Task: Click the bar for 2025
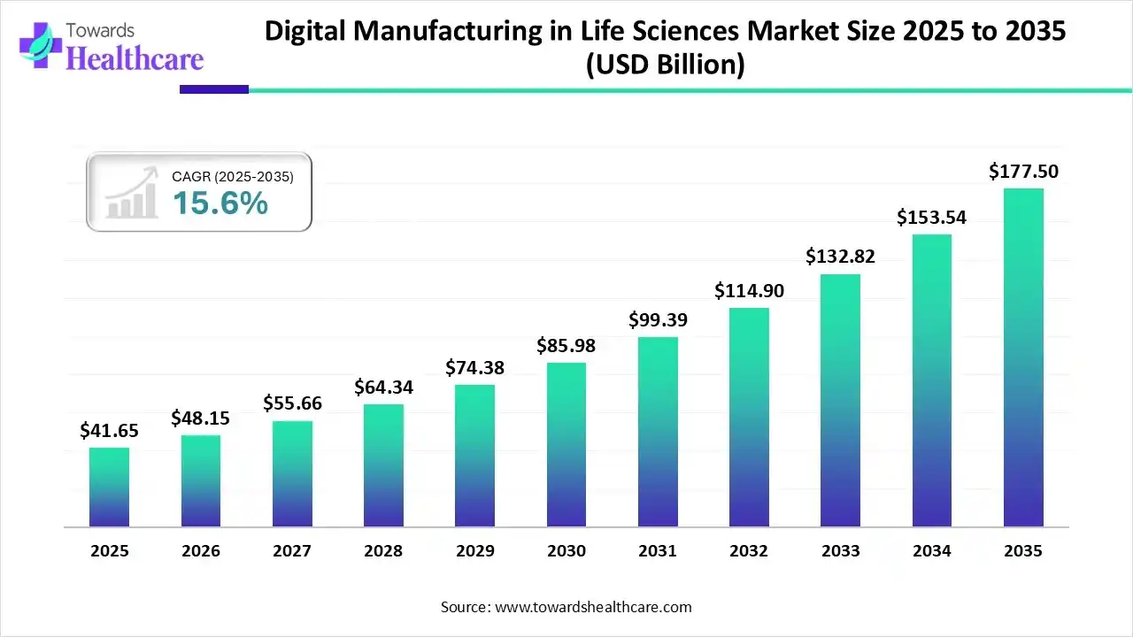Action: click(109, 487)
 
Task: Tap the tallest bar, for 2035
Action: click(1023, 357)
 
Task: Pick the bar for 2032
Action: click(749, 417)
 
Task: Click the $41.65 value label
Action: click(109, 431)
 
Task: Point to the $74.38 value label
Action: click(474, 367)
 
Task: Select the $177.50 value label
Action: click(1023, 171)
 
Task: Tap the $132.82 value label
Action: click(840, 257)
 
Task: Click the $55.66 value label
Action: click(292, 403)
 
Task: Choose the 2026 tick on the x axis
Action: click(201, 551)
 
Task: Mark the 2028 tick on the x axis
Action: click(383, 551)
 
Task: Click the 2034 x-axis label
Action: click(932, 551)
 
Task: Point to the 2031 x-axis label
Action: click(658, 551)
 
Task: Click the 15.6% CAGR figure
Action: click(220, 203)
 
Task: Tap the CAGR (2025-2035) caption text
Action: click(233, 177)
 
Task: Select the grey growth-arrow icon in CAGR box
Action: click(128, 194)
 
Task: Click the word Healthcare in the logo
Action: click(135, 58)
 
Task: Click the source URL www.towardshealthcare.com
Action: click(592, 607)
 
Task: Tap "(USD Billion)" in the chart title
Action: click(665, 65)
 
